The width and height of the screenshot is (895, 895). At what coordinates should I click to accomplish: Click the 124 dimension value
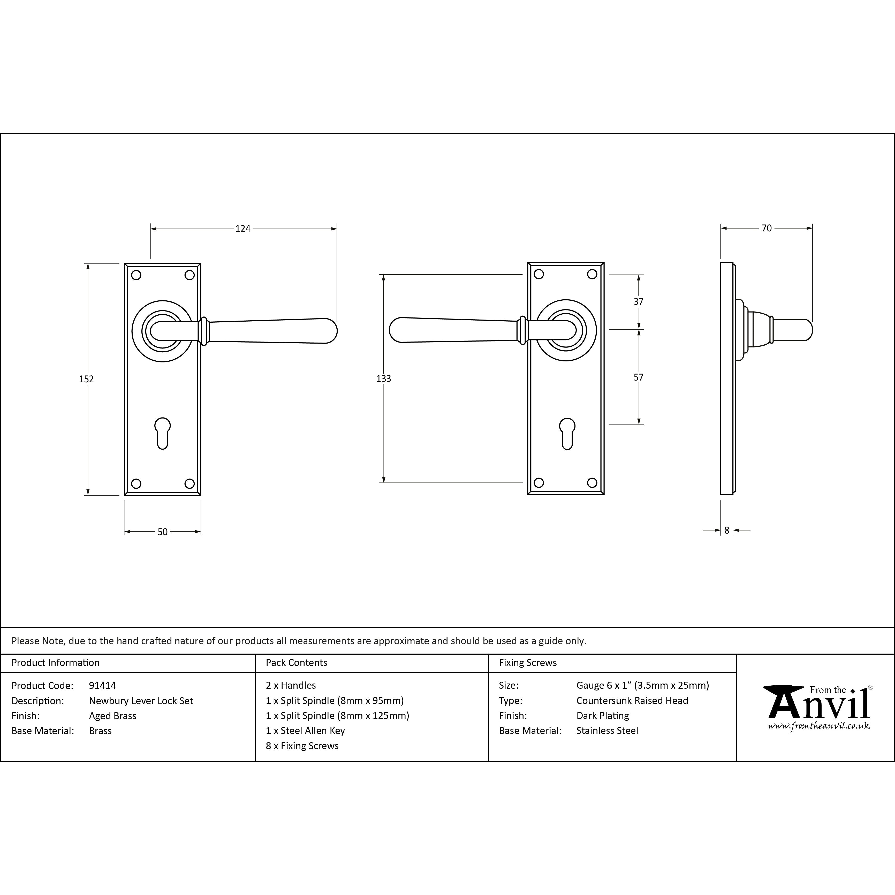pyautogui.click(x=243, y=228)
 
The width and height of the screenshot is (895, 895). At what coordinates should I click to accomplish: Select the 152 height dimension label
pyautogui.click(x=86, y=379)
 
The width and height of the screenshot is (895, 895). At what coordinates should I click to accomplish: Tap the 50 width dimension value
pyautogui.click(x=163, y=532)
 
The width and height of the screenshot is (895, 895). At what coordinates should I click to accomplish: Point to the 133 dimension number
pyautogui.click(x=384, y=378)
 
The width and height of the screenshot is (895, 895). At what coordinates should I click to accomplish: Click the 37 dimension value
pyautogui.click(x=638, y=302)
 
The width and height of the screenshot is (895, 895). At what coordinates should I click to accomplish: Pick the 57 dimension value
pyautogui.click(x=638, y=377)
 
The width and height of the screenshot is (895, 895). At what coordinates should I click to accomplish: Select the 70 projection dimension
pyautogui.click(x=767, y=228)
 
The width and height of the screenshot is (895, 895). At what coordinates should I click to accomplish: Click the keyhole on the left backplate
pyautogui.click(x=163, y=433)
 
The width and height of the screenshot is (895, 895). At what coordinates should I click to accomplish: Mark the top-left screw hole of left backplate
pyautogui.click(x=136, y=275)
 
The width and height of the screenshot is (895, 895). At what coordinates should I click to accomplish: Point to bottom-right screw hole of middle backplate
pyautogui.click(x=592, y=483)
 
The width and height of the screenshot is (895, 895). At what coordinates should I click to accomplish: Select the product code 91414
pyautogui.click(x=102, y=686)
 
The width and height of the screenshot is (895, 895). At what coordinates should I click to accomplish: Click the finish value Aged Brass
pyautogui.click(x=112, y=716)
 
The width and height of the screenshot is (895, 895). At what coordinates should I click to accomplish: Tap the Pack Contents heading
pyautogui.click(x=297, y=662)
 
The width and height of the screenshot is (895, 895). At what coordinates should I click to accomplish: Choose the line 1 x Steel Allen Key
pyautogui.click(x=305, y=731)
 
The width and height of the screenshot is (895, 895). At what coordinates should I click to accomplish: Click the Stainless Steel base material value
pyautogui.click(x=607, y=731)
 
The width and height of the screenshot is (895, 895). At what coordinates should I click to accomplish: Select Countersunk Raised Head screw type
pyautogui.click(x=632, y=700)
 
